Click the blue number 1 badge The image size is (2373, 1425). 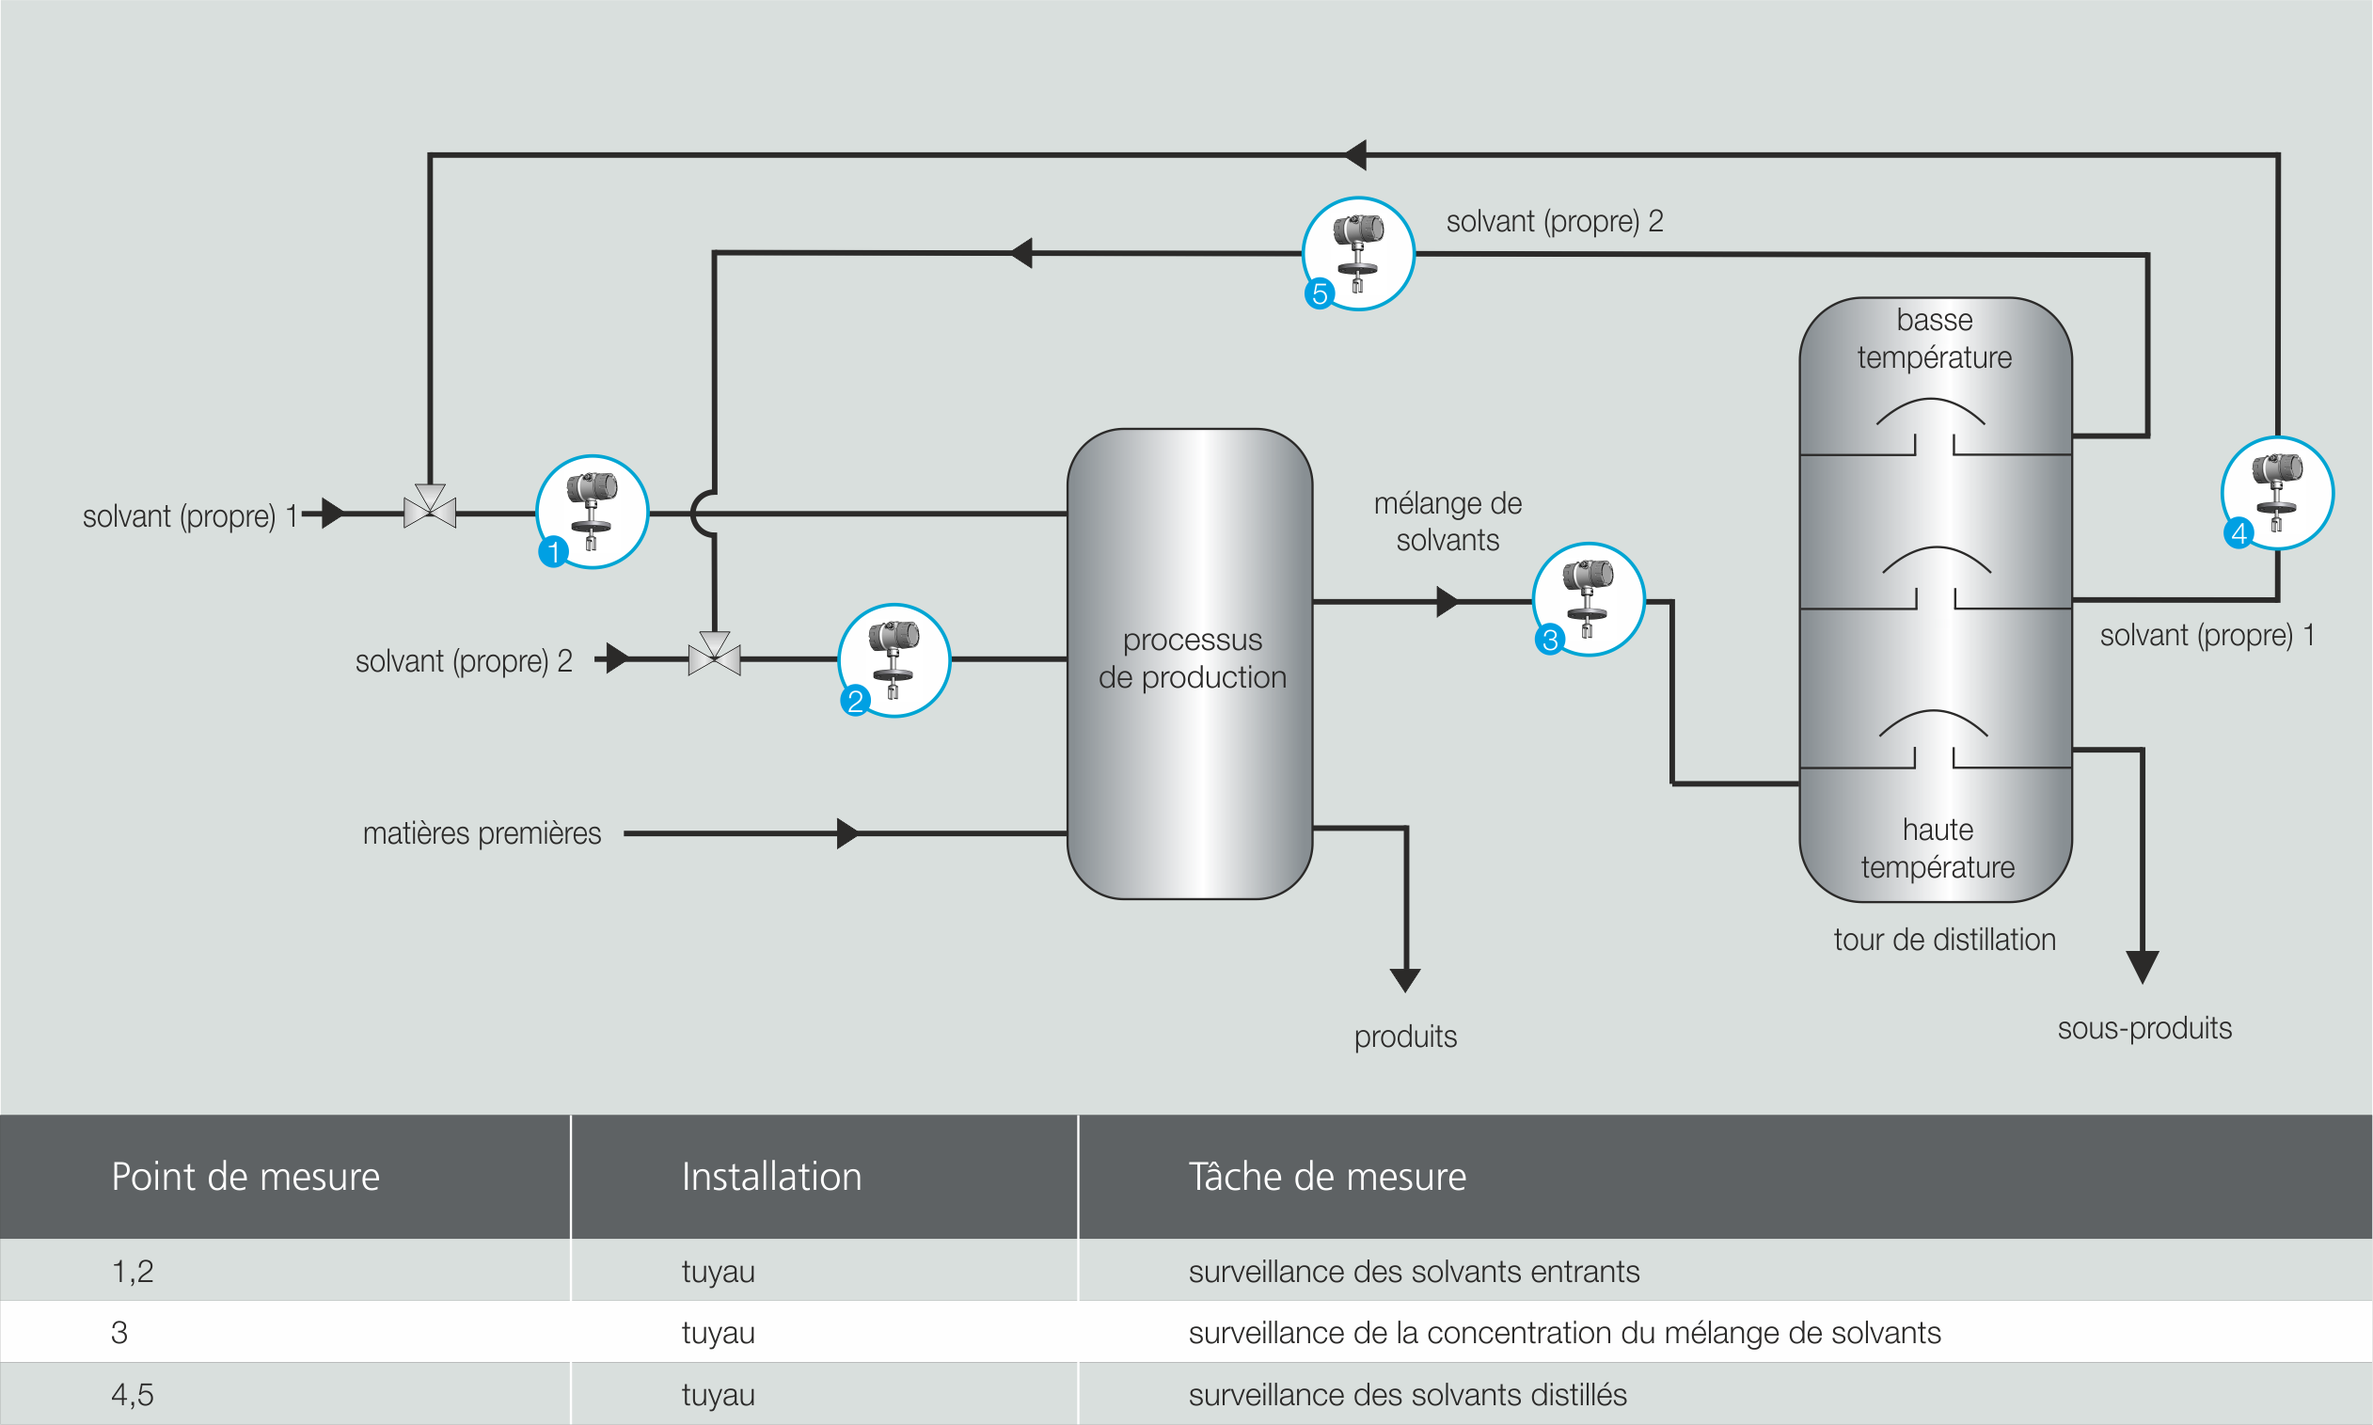click(553, 552)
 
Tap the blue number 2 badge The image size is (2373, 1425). click(855, 701)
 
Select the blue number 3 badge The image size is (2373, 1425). click(1549, 640)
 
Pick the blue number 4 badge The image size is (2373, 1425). click(2239, 533)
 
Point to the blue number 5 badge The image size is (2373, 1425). click(1320, 293)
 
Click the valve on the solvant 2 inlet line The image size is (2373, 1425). click(714, 657)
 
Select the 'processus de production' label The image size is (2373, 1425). click(1193, 658)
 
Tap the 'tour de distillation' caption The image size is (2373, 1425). click(1944, 939)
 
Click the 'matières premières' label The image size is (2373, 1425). click(482, 833)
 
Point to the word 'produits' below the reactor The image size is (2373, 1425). click(1405, 1037)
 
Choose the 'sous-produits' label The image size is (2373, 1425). click(2144, 1028)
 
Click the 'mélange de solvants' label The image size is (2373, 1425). click(1448, 522)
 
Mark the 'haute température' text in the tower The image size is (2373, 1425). click(1938, 848)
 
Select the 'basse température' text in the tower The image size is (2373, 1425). click(1935, 339)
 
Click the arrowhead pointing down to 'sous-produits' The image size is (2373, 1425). click(2143, 965)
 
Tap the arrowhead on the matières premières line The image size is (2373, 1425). click(846, 833)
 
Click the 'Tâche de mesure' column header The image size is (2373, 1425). click(1327, 1178)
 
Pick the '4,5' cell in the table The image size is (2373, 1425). click(133, 1394)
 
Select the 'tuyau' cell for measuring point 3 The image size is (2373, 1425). click(718, 1333)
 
